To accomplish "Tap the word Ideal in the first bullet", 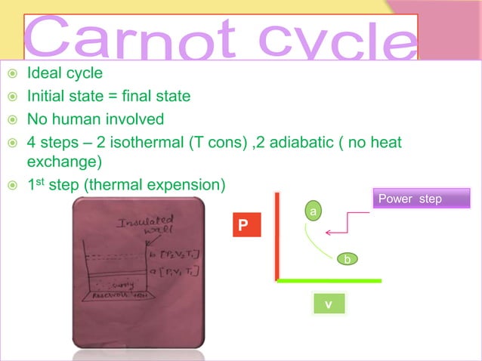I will click(43, 75).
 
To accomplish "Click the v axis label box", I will click(329, 304).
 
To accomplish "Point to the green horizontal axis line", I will click(329, 280).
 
